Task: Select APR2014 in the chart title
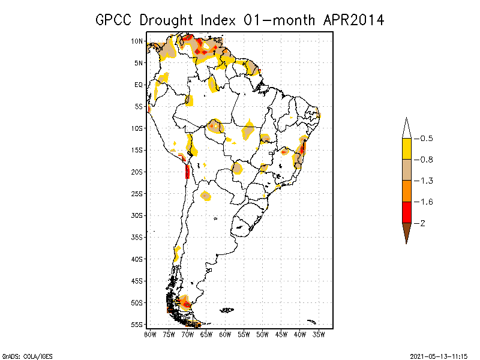353,20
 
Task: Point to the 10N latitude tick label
137,41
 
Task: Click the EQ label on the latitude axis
139,85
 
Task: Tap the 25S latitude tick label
137,194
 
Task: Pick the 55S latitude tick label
137,325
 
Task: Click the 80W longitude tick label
150,334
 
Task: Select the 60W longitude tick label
225,334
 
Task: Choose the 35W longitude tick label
319,334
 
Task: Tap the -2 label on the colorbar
423,223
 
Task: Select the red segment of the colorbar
406,212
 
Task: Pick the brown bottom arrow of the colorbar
406,232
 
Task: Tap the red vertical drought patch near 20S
188,172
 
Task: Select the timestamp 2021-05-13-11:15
439,356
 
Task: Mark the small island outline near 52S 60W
226,310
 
